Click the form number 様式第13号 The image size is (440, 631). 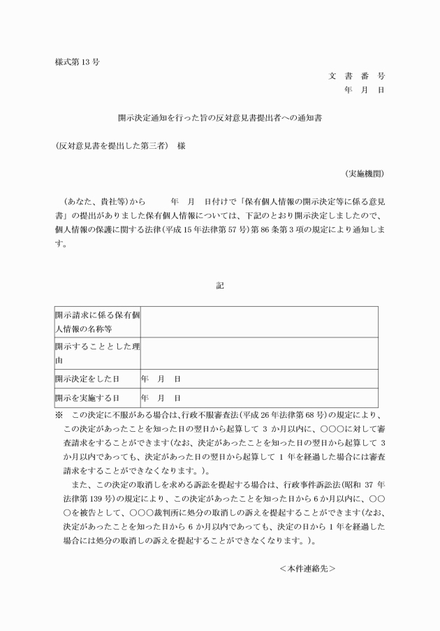[x=77, y=61]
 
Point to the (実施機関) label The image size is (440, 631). [x=364, y=173]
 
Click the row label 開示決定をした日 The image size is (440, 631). [x=87, y=378]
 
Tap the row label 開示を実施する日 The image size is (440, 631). [x=87, y=398]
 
